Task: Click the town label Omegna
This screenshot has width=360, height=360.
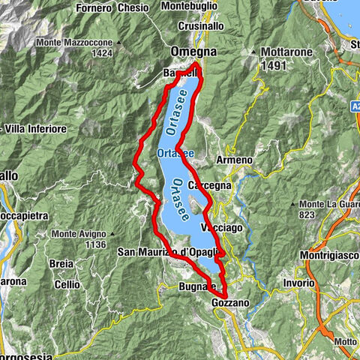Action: tap(193, 52)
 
